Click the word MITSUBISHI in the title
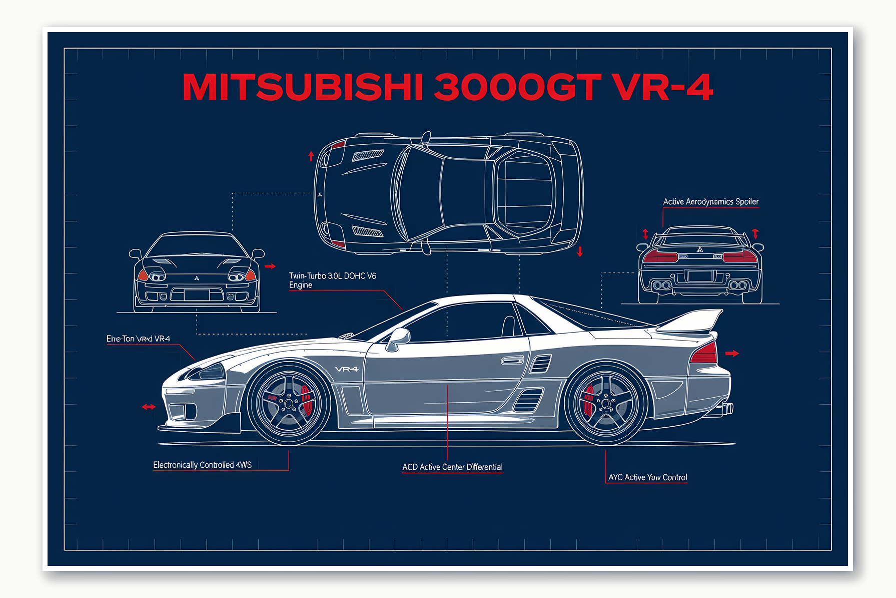click(303, 87)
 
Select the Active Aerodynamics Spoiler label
click(710, 202)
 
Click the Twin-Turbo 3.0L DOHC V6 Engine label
click(332, 280)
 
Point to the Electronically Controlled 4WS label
click(202, 465)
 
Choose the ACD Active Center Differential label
click(452, 467)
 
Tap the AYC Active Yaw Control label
click(647, 477)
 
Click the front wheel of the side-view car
click(289, 403)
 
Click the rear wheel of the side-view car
click(605, 403)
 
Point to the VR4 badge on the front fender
click(347, 369)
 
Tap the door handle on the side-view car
click(512, 360)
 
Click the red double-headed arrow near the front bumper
click(149, 407)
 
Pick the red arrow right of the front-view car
click(270, 266)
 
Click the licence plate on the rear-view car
click(700, 276)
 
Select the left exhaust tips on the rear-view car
click(662, 285)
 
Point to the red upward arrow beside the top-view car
click(311, 156)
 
